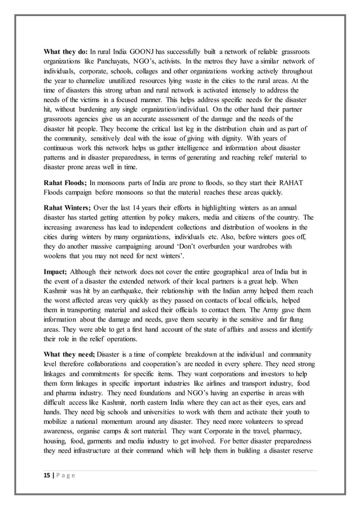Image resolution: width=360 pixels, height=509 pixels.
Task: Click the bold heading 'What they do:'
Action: tap(65, 51)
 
